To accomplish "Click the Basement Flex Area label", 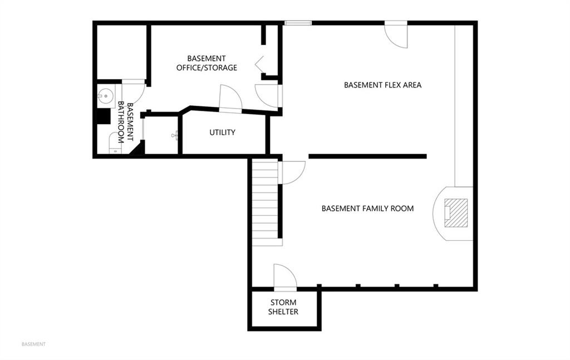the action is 382,85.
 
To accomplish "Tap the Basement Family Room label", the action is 367,209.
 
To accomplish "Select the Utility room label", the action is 222,132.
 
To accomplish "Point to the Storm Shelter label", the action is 283,307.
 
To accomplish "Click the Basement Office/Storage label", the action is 207,63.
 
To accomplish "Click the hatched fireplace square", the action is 456,213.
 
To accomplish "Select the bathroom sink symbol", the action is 104,96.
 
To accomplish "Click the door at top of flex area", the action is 396,34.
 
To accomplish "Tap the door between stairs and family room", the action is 292,172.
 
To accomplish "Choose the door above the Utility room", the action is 230,98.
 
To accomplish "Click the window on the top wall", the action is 298,23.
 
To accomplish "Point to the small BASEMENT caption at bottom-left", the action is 33,344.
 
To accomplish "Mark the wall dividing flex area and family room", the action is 367,156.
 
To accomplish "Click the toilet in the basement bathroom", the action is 116,143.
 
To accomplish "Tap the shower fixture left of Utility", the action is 175,136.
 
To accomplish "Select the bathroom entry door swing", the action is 133,92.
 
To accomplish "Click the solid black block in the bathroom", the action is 104,116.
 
